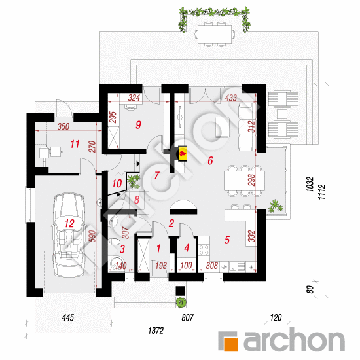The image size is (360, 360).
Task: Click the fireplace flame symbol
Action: pyautogui.click(x=183, y=153)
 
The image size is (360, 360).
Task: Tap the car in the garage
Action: pyautogui.click(x=69, y=234)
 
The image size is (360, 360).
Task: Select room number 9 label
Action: pyautogui.click(x=138, y=124)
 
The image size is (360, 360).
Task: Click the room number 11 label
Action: pyautogui.click(x=75, y=144)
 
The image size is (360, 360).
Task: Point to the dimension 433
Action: pyautogui.click(x=231, y=98)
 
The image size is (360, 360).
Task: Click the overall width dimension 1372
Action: pyautogui.click(x=156, y=331)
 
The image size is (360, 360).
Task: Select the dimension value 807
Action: pyautogui.click(x=188, y=317)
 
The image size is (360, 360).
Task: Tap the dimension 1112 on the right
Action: pyautogui.click(x=322, y=192)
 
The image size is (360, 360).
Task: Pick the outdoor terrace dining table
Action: pyautogui.click(x=215, y=34)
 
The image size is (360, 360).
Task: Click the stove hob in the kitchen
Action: pyautogui.click(x=204, y=250)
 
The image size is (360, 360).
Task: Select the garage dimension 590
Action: pyautogui.click(x=92, y=236)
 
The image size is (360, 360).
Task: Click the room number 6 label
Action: pyautogui.click(x=210, y=160)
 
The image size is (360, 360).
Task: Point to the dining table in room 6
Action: pyautogui.click(x=244, y=181)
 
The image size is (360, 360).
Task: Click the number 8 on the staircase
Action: pyautogui.click(x=137, y=200)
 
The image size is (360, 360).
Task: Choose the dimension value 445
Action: pyautogui.click(x=68, y=317)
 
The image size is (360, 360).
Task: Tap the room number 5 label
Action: pyautogui.click(x=227, y=240)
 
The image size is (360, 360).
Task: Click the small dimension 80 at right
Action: pyautogui.click(x=310, y=289)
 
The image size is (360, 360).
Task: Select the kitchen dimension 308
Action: pyautogui.click(x=211, y=266)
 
